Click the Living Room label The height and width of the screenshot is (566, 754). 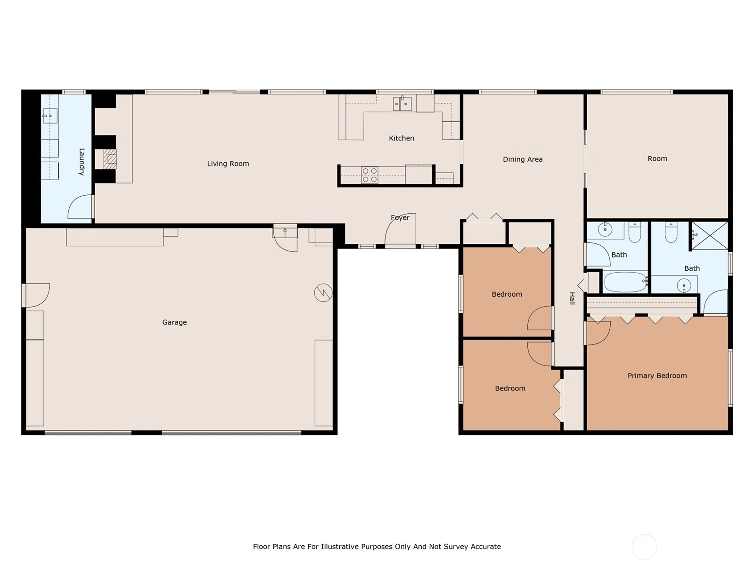(x=228, y=164)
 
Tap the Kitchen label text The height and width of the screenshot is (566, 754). (x=401, y=138)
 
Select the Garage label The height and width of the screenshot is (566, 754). (x=174, y=322)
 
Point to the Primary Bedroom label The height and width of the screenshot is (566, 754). (x=657, y=376)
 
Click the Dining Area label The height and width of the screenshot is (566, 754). (x=523, y=159)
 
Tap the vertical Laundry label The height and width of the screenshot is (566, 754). (x=82, y=162)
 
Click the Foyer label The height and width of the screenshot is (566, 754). (x=400, y=218)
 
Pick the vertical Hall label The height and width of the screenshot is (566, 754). (x=572, y=298)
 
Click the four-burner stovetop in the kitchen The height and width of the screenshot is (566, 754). (x=369, y=175)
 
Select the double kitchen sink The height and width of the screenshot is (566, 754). (x=402, y=103)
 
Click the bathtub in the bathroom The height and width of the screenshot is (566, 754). (x=624, y=282)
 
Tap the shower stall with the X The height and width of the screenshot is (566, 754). (x=710, y=235)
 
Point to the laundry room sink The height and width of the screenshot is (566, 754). (x=50, y=116)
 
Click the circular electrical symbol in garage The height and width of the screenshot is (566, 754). (x=323, y=293)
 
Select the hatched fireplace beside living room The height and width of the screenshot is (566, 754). (x=110, y=159)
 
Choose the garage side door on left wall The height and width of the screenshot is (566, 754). (x=37, y=295)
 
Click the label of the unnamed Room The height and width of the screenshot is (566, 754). (x=657, y=159)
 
